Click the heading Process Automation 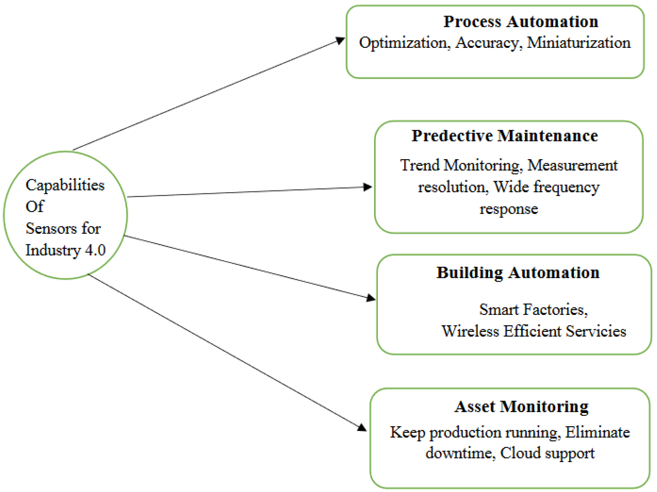point(521,22)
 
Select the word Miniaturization point(579,43)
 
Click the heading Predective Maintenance point(504,136)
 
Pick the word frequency point(566,187)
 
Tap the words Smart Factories point(533,310)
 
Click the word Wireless point(470,331)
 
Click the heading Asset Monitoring point(521,407)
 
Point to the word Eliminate point(597,432)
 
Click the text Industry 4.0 point(65,250)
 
